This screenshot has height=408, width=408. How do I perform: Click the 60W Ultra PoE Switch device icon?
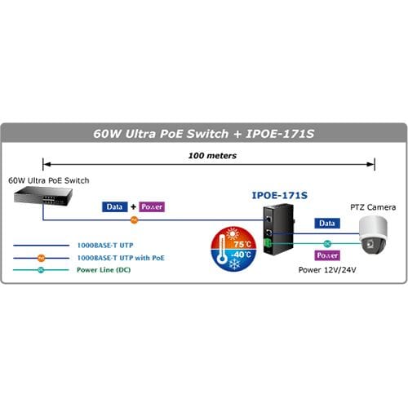(x=43, y=196)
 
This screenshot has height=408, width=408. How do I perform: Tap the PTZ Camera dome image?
(x=373, y=235)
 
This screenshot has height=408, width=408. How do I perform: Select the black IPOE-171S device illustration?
(x=278, y=229)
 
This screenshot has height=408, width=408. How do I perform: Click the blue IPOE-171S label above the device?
(x=280, y=195)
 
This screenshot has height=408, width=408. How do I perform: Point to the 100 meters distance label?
(x=212, y=156)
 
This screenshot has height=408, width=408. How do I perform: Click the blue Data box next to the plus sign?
(x=114, y=206)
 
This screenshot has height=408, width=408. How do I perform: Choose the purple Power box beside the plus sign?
(x=152, y=206)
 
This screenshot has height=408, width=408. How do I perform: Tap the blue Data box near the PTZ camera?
(x=327, y=224)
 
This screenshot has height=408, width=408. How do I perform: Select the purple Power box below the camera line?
(x=327, y=255)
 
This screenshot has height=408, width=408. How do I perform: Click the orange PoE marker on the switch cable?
(x=135, y=220)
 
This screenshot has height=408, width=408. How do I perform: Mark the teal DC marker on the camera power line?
(x=327, y=243)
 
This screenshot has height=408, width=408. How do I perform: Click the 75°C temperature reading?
(x=242, y=244)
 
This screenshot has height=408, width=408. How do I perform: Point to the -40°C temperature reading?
(x=241, y=255)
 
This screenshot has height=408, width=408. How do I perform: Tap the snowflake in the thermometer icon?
(x=234, y=264)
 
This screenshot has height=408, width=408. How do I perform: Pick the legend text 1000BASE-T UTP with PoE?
(x=121, y=258)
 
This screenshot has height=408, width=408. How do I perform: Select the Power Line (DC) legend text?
(x=104, y=270)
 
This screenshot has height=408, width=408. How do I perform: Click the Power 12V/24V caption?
(x=327, y=270)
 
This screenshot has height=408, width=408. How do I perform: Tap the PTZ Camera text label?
(x=373, y=207)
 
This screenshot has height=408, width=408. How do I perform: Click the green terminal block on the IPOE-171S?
(x=267, y=242)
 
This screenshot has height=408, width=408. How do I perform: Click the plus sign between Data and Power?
(x=133, y=206)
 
